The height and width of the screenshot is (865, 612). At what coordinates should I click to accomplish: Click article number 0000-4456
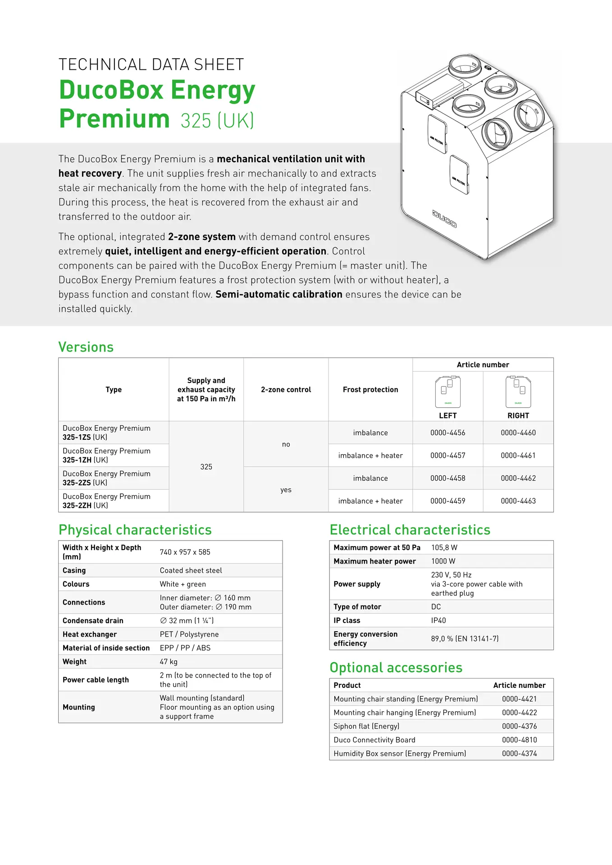point(448,433)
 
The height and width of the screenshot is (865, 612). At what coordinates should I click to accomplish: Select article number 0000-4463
point(518,501)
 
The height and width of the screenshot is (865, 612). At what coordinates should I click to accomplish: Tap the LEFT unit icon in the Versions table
point(448,392)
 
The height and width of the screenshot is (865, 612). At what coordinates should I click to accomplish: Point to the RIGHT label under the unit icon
point(518,416)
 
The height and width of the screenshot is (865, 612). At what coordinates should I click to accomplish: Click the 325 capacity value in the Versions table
point(206,467)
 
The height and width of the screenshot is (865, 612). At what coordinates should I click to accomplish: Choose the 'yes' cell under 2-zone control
point(286,490)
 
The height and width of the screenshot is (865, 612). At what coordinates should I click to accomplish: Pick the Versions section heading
point(86,347)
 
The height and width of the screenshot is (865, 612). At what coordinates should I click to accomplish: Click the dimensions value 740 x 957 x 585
point(185,552)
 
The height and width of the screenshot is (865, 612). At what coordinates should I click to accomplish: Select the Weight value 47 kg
point(169,662)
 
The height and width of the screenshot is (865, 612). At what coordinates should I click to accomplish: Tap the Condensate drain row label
point(93,621)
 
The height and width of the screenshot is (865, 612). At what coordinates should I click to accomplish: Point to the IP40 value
point(438,621)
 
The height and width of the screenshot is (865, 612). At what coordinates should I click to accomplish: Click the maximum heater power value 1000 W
point(443,561)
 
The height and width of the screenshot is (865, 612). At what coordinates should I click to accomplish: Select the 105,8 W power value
point(444,548)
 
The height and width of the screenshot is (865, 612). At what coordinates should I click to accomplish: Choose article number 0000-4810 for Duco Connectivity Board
point(519,740)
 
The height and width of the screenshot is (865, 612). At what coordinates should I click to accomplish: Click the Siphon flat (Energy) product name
point(366,726)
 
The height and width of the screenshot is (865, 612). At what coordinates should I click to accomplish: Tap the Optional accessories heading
point(396,668)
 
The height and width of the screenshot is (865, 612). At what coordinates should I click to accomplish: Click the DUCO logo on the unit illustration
point(444,219)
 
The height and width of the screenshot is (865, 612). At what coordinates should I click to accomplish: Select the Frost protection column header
point(370,390)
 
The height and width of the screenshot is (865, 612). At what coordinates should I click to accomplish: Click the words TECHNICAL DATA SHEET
point(151,65)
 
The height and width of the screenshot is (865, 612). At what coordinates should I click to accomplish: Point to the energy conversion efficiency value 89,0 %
point(464,639)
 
